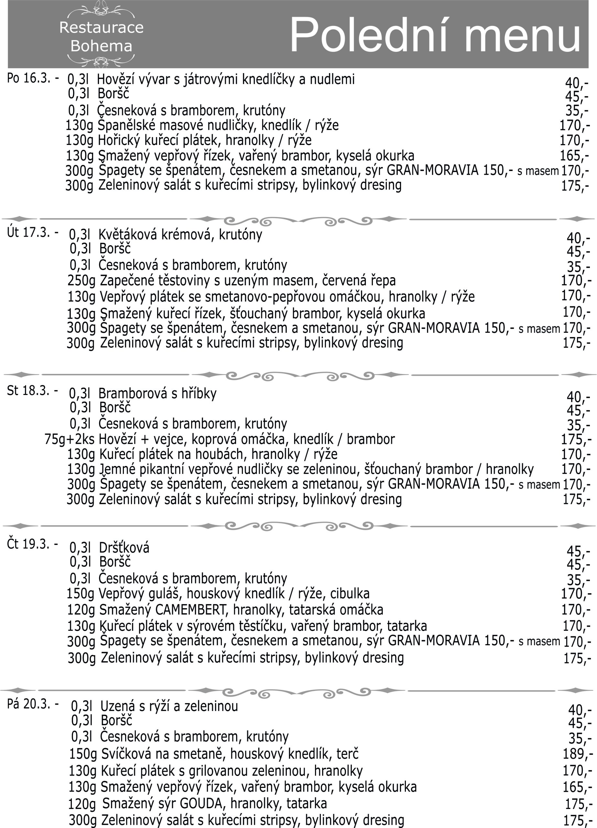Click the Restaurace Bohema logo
pyautogui.click(x=101, y=37)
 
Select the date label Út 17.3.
pyautogui.click(x=28, y=233)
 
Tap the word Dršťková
pyautogui.click(x=124, y=548)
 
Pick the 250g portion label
pyautogui.click(x=81, y=280)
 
